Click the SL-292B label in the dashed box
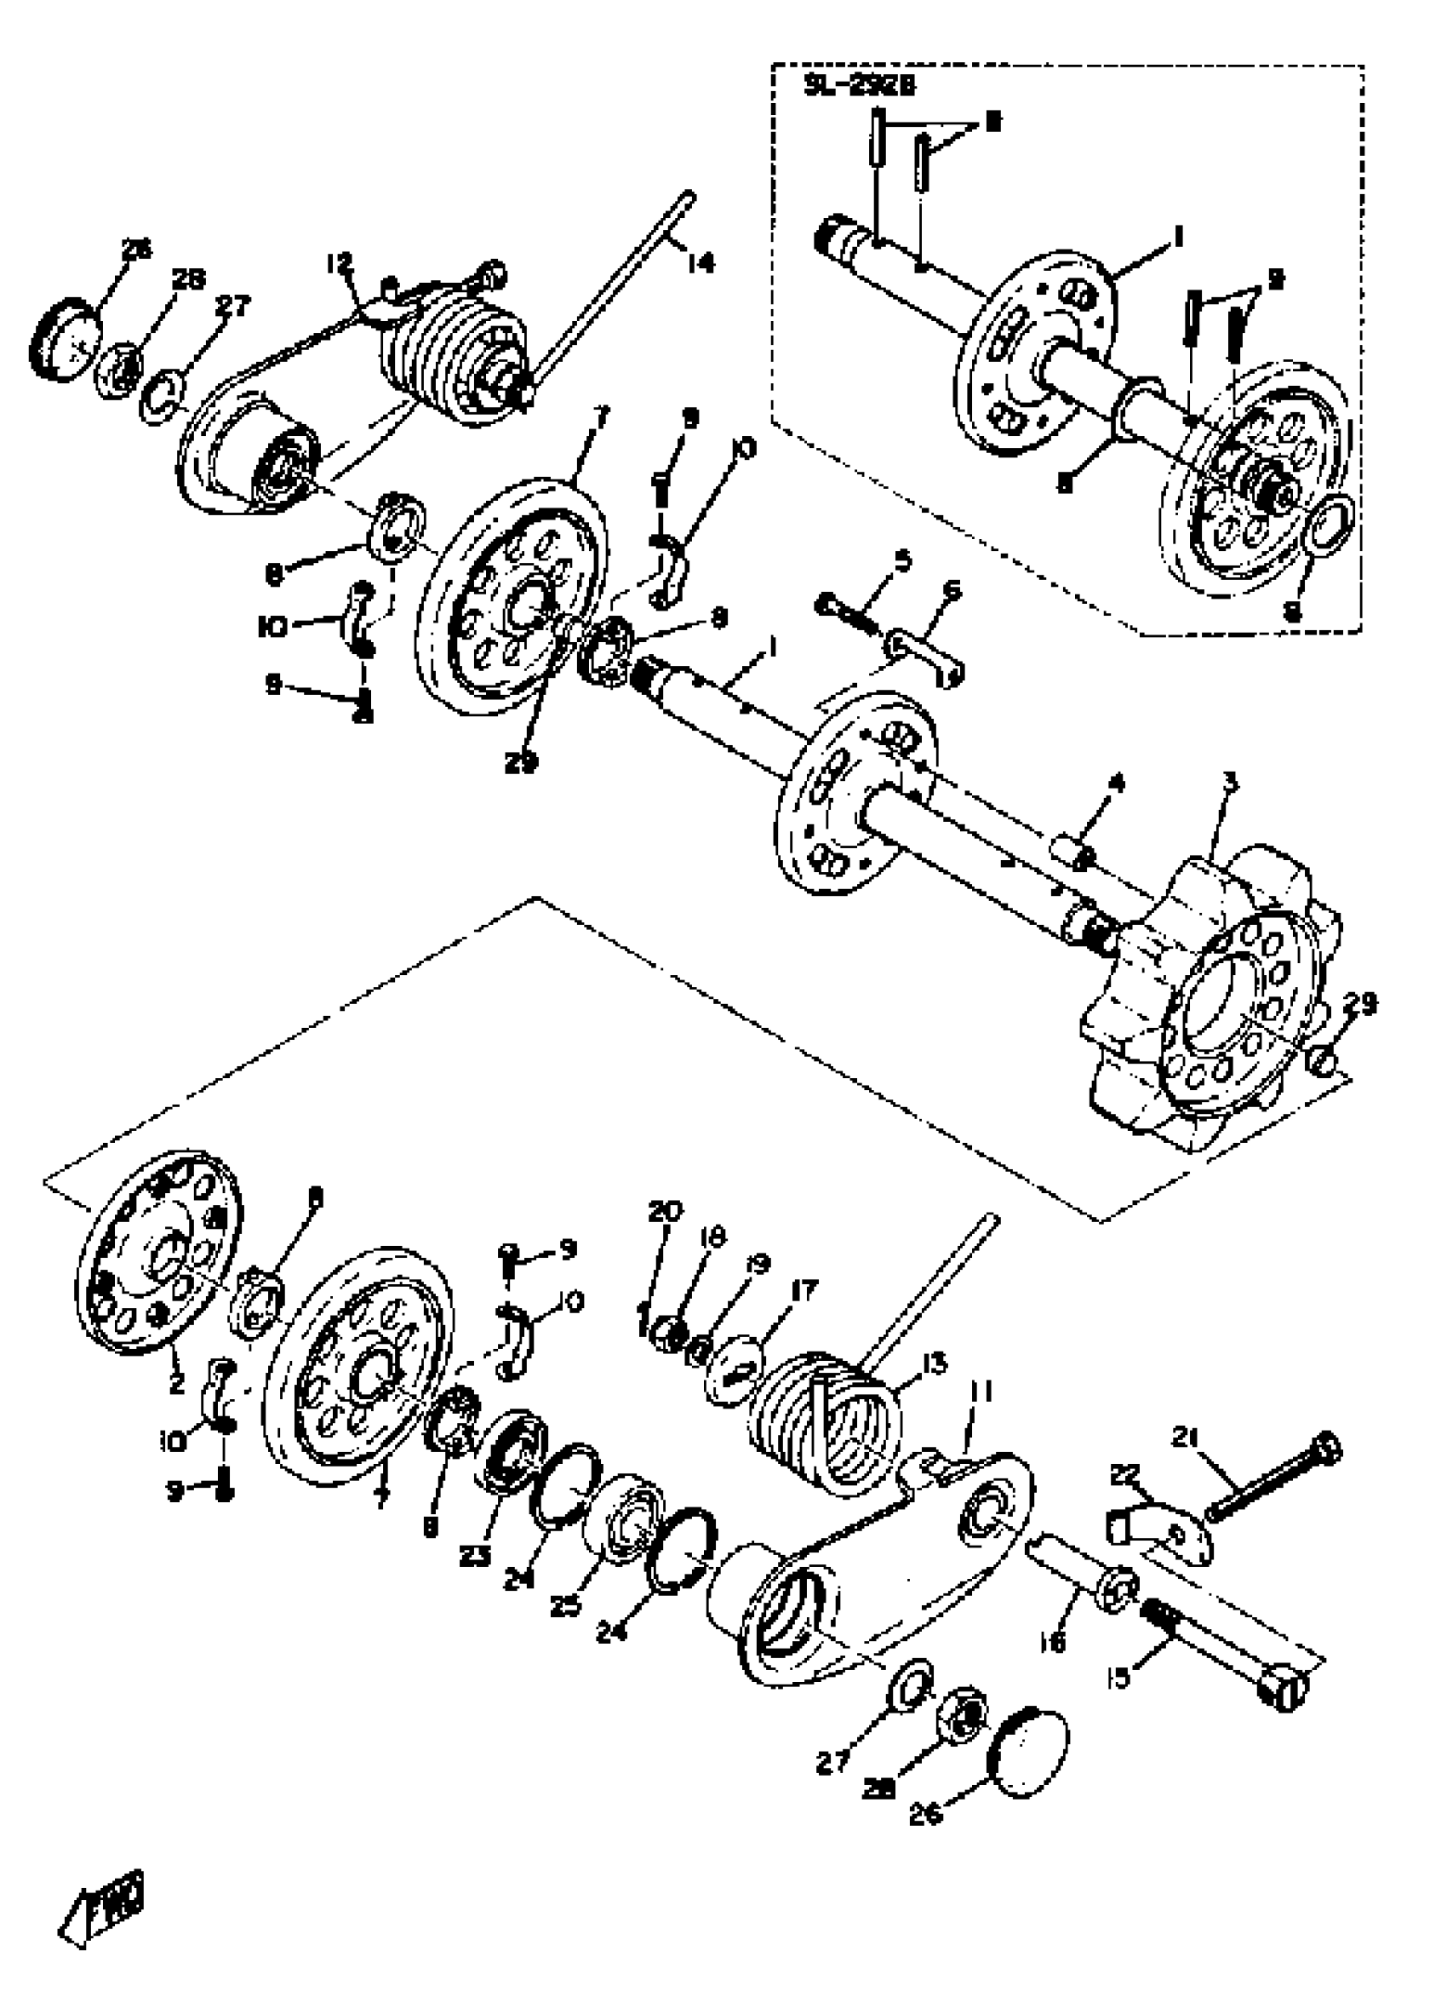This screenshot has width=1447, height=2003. click(859, 87)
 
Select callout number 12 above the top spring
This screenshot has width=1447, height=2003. click(339, 263)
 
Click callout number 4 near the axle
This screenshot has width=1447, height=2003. click(1117, 782)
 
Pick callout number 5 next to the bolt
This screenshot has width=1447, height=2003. click(902, 560)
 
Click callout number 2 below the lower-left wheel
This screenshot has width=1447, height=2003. click(176, 1384)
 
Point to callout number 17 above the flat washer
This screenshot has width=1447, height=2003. click(806, 1288)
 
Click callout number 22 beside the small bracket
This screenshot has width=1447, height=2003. click(1125, 1473)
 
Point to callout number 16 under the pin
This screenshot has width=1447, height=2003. click(1055, 1641)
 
